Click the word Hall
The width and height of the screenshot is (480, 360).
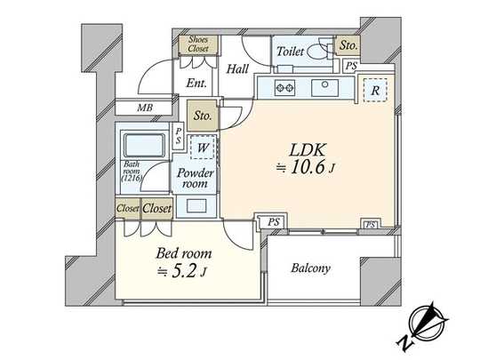pos(237,68)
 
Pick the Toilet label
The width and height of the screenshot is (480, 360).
pos(291,52)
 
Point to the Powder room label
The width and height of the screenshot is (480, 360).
pos(193,178)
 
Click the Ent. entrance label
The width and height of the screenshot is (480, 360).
pos(197,84)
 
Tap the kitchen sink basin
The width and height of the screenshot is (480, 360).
pos(326,88)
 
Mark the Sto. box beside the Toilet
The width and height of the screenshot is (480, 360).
pos(348,44)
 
